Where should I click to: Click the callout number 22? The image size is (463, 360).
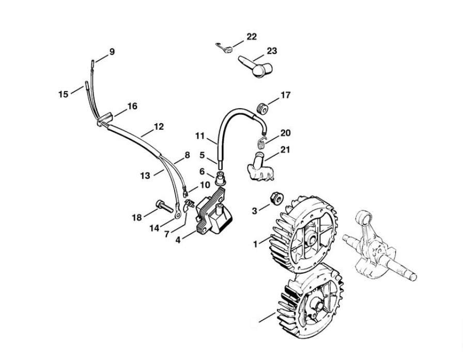[x=251, y=36]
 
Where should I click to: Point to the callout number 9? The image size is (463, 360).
[x=112, y=51]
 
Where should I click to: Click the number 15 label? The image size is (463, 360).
[x=63, y=94]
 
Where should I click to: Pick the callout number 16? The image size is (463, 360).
[x=132, y=106]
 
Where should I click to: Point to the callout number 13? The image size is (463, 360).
[x=145, y=176]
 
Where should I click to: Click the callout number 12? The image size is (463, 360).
[x=159, y=126]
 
